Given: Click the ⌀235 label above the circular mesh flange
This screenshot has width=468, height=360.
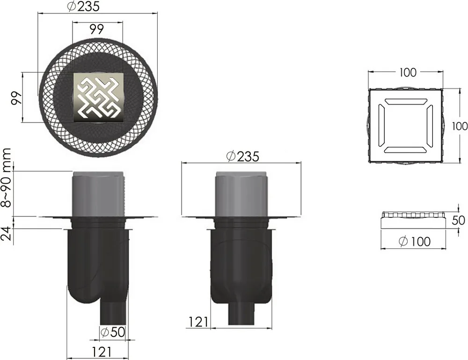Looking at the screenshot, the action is tap(83, 6).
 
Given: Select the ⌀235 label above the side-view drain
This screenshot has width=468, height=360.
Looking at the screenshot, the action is tap(242, 156).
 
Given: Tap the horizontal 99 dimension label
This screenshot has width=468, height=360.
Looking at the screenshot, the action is tap(96, 29).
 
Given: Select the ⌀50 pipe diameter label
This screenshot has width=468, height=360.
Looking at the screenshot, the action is tap(112, 332).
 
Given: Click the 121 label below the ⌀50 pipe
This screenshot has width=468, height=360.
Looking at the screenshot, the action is tap(102, 352).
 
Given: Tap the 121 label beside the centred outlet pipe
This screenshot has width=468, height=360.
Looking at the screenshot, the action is tap(198, 322).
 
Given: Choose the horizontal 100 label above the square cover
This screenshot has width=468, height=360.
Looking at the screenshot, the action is tap(408, 72).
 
